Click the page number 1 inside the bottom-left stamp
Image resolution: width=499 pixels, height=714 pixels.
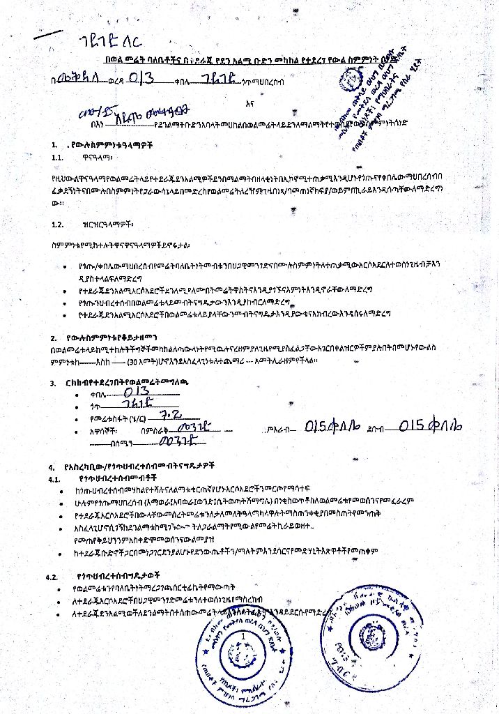point(243,637)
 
